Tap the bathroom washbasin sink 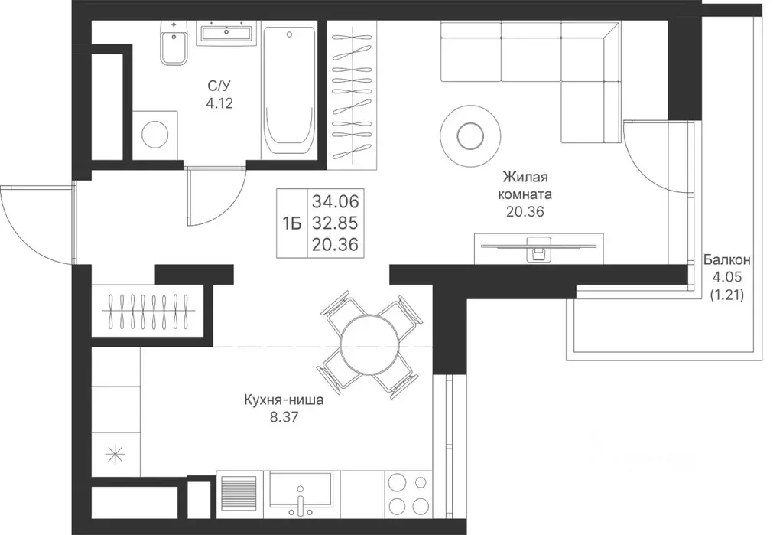click(226, 33)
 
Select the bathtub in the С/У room click(289, 90)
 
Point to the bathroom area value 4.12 click(219, 103)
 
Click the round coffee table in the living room click(470, 135)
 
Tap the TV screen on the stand click(539, 246)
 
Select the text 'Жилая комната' click(525, 185)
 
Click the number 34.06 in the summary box click(336, 201)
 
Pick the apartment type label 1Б click(292, 224)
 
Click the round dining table click(369, 344)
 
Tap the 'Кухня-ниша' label click(284, 400)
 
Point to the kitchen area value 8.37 click(284, 416)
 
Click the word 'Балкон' click(727, 260)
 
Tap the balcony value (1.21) click(727, 295)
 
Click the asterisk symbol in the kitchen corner click(115, 455)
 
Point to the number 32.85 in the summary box click(336, 223)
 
